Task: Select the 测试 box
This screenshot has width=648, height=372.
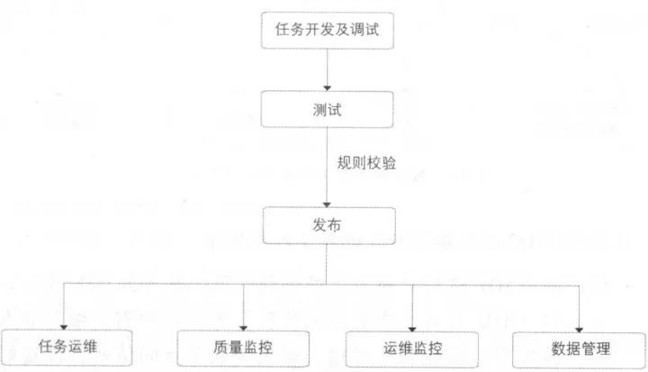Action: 328,110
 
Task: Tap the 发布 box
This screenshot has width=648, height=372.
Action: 328,223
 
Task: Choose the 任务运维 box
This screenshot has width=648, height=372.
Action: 67,348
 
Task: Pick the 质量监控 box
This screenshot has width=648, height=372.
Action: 243,348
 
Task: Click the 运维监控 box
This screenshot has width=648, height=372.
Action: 412,348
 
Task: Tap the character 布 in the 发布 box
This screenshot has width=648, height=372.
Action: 337,223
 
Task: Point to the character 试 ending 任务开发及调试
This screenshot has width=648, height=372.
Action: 380,29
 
